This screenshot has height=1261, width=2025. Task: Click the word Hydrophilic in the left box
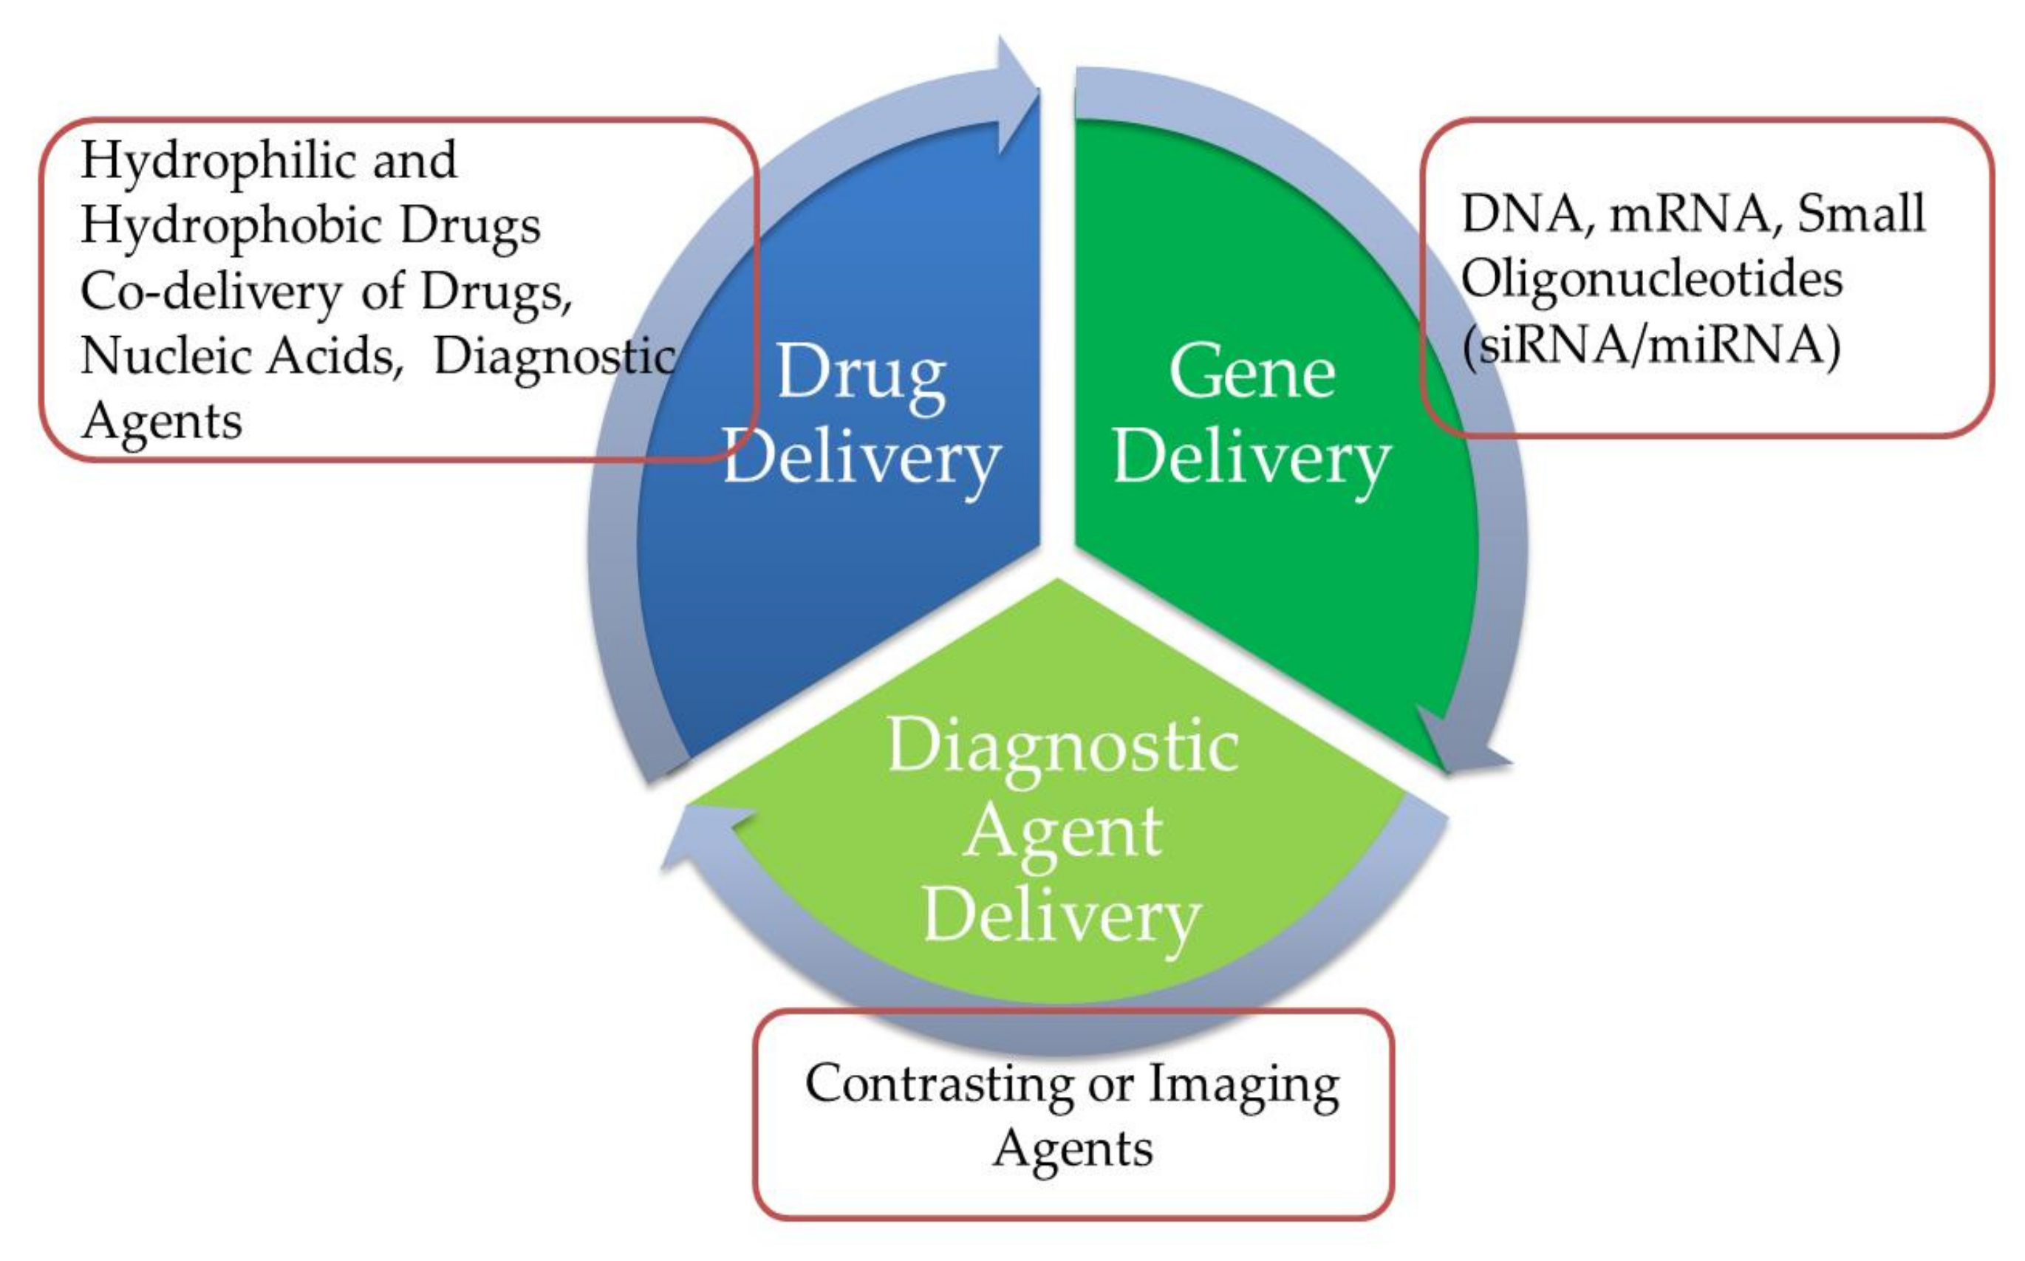(219, 160)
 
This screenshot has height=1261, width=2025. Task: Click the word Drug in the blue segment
(861, 375)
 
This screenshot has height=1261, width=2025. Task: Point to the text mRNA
(1690, 213)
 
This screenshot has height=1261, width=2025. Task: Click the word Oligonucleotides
(1651, 278)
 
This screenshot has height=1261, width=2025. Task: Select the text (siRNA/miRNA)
(1650, 344)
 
